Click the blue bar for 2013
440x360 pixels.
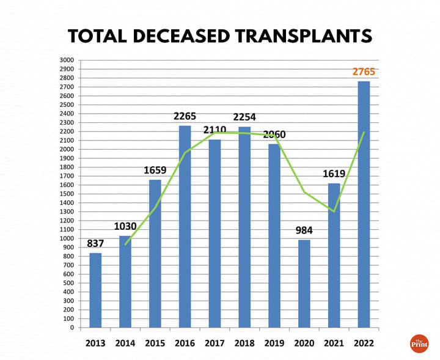click(x=95, y=290)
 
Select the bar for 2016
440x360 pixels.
click(x=185, y=226)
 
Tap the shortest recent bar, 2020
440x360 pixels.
click(x=304, y=284)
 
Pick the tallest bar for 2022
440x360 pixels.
click(x=364, y=204)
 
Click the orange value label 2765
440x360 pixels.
click(x=364, y=72)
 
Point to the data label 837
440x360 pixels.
click(x=95, y=244)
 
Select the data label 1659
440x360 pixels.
click(x=155, y=171)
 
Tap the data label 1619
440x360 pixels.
click(x=334, y=174)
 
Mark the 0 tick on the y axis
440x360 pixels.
click(x=71, y=328)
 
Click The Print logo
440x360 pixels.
click(x=419, y=343)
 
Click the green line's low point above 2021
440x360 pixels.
click(x=334, y=211)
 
